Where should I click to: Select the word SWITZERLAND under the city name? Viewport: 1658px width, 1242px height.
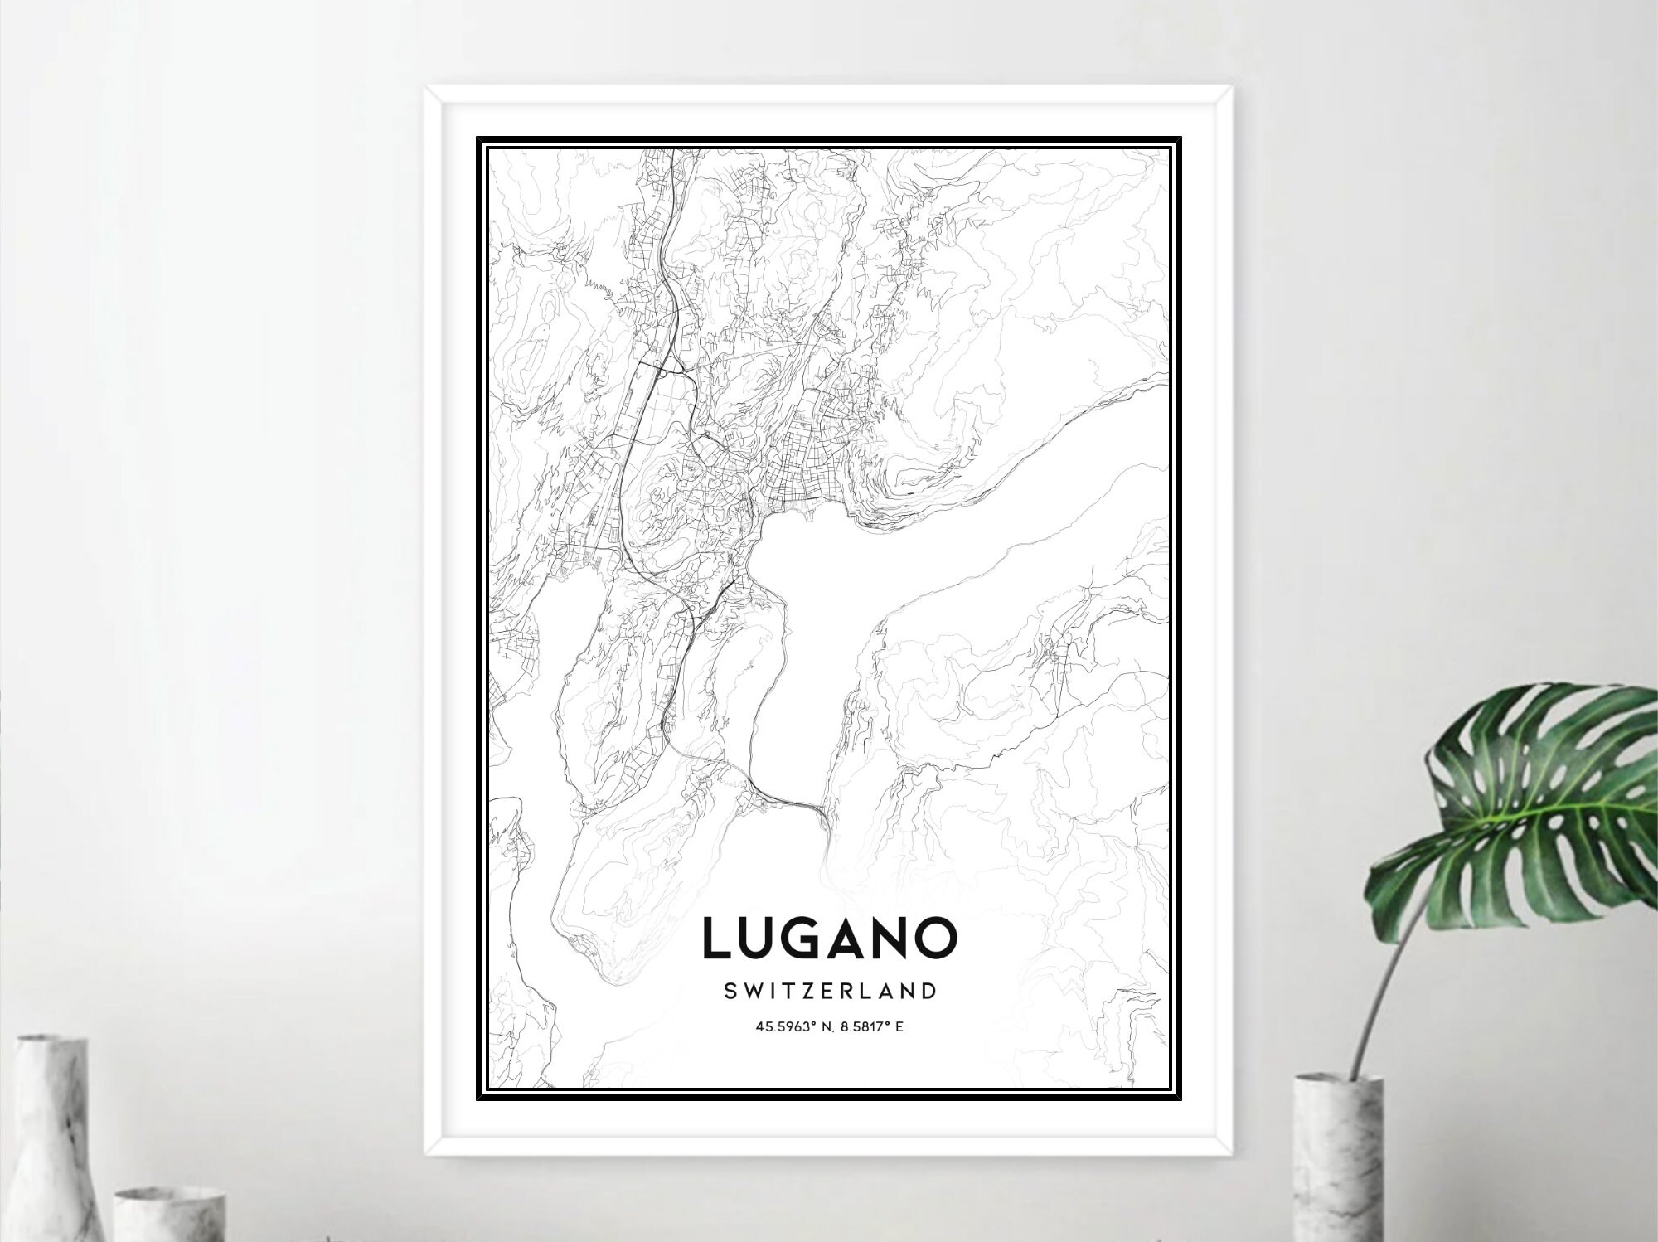coord(830,991)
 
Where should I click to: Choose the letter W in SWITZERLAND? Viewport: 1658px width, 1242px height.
coord(752,991)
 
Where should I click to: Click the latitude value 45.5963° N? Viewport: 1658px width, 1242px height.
coord(792,1027)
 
